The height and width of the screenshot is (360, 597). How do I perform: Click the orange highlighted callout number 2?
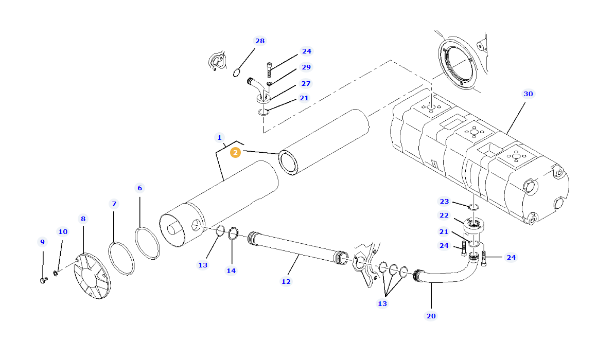(235, 152)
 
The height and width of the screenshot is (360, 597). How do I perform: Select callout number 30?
(528, 94)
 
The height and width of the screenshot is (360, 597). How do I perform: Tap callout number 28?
(260, 41)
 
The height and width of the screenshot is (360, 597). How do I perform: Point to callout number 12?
(286, 281)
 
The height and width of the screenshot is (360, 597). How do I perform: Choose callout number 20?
(431, 316)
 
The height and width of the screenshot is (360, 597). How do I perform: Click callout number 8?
(83, 219)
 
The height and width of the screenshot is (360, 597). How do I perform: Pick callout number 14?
(231, 270)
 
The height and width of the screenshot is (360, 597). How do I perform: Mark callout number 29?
(306, 67)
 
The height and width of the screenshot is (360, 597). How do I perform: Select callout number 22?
(444, 215)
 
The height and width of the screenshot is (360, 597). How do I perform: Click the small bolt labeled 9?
(43, 280)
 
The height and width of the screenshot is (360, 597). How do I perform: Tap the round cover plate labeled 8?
(93, 275)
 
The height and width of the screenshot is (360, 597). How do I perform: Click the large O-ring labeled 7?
(121, 258)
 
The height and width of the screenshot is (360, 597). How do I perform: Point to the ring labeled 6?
(147, 244)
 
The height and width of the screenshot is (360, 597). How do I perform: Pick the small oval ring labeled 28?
(237, 73)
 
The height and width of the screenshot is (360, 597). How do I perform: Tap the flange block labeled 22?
(474, 226)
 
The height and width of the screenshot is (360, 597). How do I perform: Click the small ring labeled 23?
(474, 207)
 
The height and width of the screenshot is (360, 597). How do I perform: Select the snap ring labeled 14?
(233, 233)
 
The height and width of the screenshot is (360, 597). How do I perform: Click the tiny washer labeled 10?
(56, 272)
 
